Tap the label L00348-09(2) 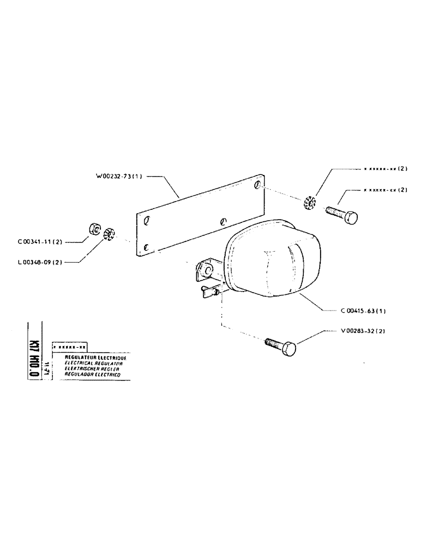41,262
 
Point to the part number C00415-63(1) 363,311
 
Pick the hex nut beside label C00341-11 93,228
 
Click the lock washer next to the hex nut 108,235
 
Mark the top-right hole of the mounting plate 256,187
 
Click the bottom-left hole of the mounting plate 146,248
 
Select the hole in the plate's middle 222,222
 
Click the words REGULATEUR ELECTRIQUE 95,358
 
